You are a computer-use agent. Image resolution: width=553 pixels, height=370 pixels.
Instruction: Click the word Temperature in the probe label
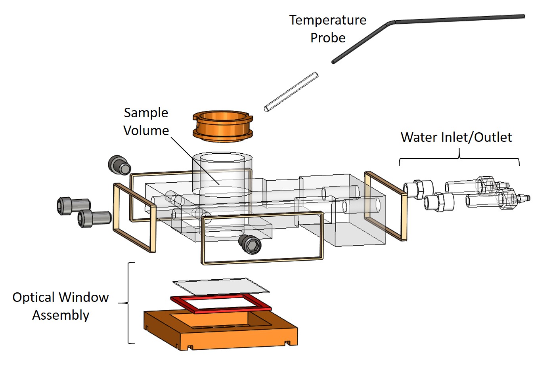[327, 20]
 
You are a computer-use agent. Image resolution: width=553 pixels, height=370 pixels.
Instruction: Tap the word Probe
[328, 38]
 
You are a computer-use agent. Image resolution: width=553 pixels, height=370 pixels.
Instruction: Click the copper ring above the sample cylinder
[223, 126]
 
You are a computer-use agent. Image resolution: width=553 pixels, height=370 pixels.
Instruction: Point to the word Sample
[146, 113]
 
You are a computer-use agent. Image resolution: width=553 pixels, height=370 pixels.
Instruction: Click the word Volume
[146, 130]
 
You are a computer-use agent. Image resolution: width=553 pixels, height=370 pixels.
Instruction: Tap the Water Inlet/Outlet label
[456, 137]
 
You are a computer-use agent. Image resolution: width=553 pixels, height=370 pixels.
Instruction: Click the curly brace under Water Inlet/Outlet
[459, 158]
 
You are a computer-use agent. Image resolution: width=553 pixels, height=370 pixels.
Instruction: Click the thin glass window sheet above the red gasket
[221, 286]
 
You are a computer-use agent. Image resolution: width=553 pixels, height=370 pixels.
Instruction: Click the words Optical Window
[61, 297]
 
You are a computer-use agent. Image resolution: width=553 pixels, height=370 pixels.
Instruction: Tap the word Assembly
[61, 315]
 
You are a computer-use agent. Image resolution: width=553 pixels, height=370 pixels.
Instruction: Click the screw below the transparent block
[250, 244]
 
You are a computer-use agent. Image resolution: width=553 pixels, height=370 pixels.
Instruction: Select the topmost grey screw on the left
[119, 165]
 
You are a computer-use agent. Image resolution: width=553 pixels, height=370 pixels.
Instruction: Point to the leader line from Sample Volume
[195, 161]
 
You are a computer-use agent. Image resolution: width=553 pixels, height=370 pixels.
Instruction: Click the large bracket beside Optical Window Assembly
[128, 303]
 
